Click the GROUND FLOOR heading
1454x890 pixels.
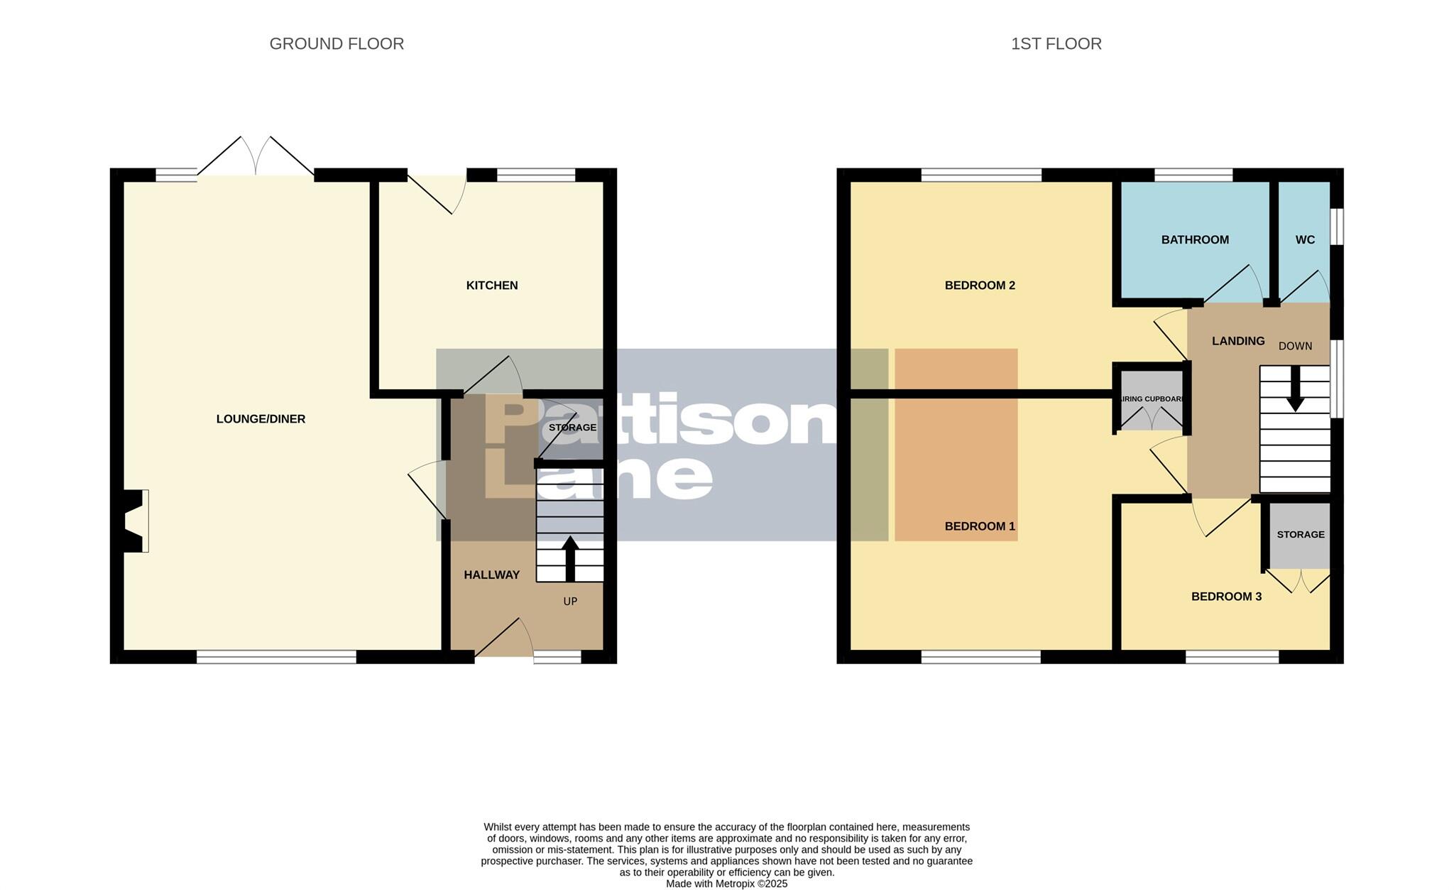(x=337, y=44)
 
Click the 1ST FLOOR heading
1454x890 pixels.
(x=1056, y=44)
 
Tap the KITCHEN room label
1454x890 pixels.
(x=491, y=286)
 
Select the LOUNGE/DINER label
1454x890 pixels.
(x=261, y=419)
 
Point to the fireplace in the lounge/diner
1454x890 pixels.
(x=135, y=521)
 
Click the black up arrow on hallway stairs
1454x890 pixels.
(x=569, y=558)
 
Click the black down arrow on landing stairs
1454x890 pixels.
(x=1295, y=389)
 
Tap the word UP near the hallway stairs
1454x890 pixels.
(x=570, y=602)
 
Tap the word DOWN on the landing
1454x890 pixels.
(x=1295, y=347)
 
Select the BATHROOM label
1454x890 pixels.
(x=1195, y=240)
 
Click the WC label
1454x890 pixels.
(x=1305, y=240)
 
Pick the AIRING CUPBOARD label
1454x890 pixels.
(x=1152, y=399)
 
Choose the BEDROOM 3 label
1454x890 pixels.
(x=1226, y=597)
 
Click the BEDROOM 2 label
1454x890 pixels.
(x=980, y=286)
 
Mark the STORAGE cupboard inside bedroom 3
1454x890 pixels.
(x=1300, y=535)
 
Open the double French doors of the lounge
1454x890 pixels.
(x=256, y=158)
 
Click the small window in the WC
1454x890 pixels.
(x=1336, y=226)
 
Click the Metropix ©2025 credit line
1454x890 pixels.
(x=726, y=884)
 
